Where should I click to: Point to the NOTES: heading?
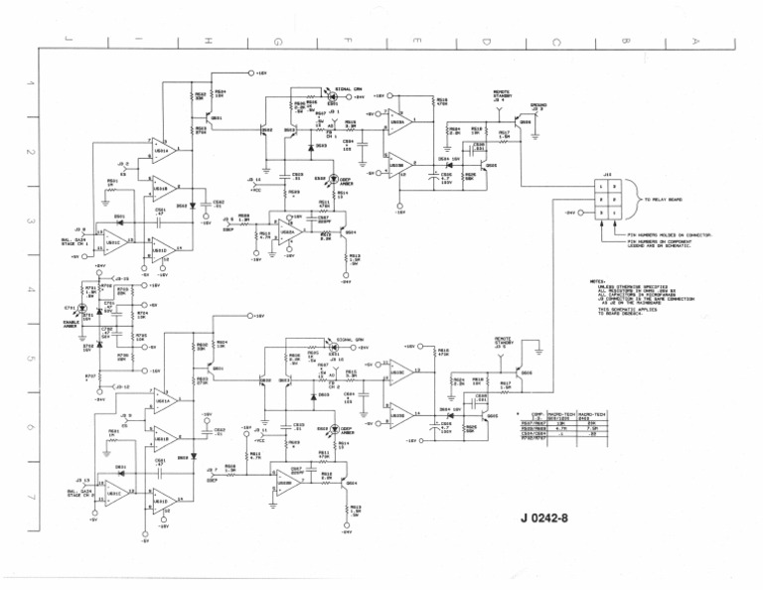coord(597,281)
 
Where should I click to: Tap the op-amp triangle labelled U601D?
coord(163,502)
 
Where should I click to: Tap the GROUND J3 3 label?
coord(537,105)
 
